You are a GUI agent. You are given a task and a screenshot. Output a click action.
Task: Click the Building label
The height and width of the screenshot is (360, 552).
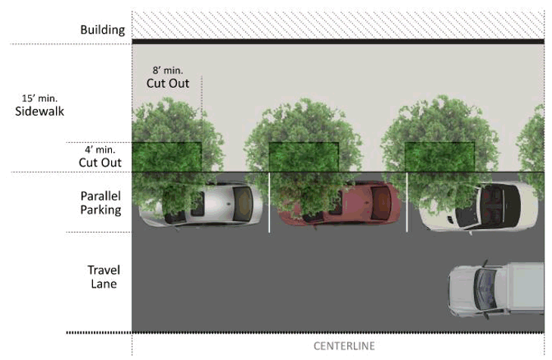click(x=102, y=30)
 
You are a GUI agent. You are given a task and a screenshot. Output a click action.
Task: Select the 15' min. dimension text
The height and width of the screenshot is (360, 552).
click(x=41, y=98)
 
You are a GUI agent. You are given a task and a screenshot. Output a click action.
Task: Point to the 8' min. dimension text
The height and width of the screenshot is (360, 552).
click(x=167, y=70)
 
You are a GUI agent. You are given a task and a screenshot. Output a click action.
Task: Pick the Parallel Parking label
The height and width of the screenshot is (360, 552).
click(x=101, y=202)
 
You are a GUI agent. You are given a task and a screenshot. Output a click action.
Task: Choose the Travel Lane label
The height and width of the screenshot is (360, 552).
click(x=104, y=277)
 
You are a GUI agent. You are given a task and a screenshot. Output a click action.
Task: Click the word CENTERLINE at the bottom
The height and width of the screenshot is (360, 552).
click(x=344, y=346)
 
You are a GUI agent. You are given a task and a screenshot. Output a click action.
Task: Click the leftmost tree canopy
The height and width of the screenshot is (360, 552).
click(x=174, y=144)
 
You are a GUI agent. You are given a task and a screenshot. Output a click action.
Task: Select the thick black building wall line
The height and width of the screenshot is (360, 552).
click(x=337, y=40)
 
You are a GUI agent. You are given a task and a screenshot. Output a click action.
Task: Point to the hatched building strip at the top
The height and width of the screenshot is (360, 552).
click(x=337, y=23)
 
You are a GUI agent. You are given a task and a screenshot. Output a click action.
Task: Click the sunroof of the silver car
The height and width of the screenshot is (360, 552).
click(x=242, y=203)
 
